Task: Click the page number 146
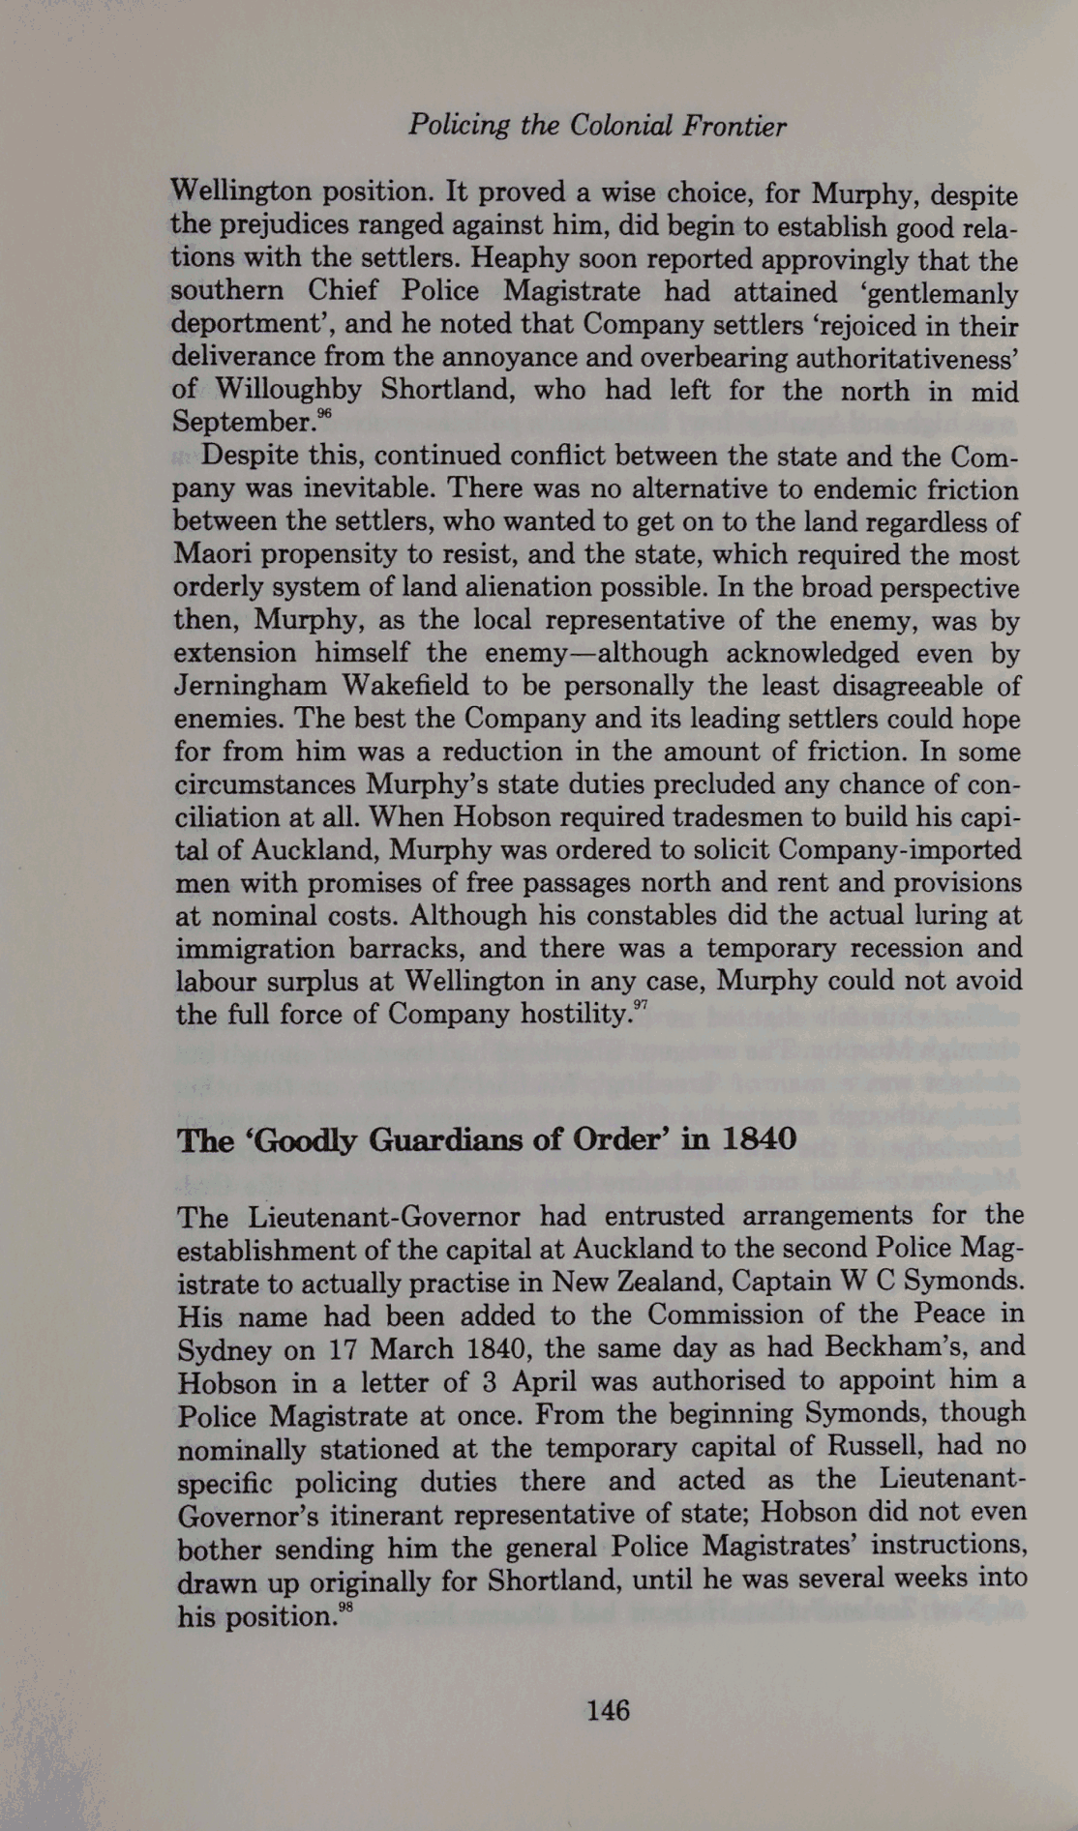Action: pyautogui.click(x=608, y=1710)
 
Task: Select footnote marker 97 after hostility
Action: pyautogui.click(x=640, y=1006)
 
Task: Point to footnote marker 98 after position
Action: pyautogui.click(x=345, y=1608)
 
